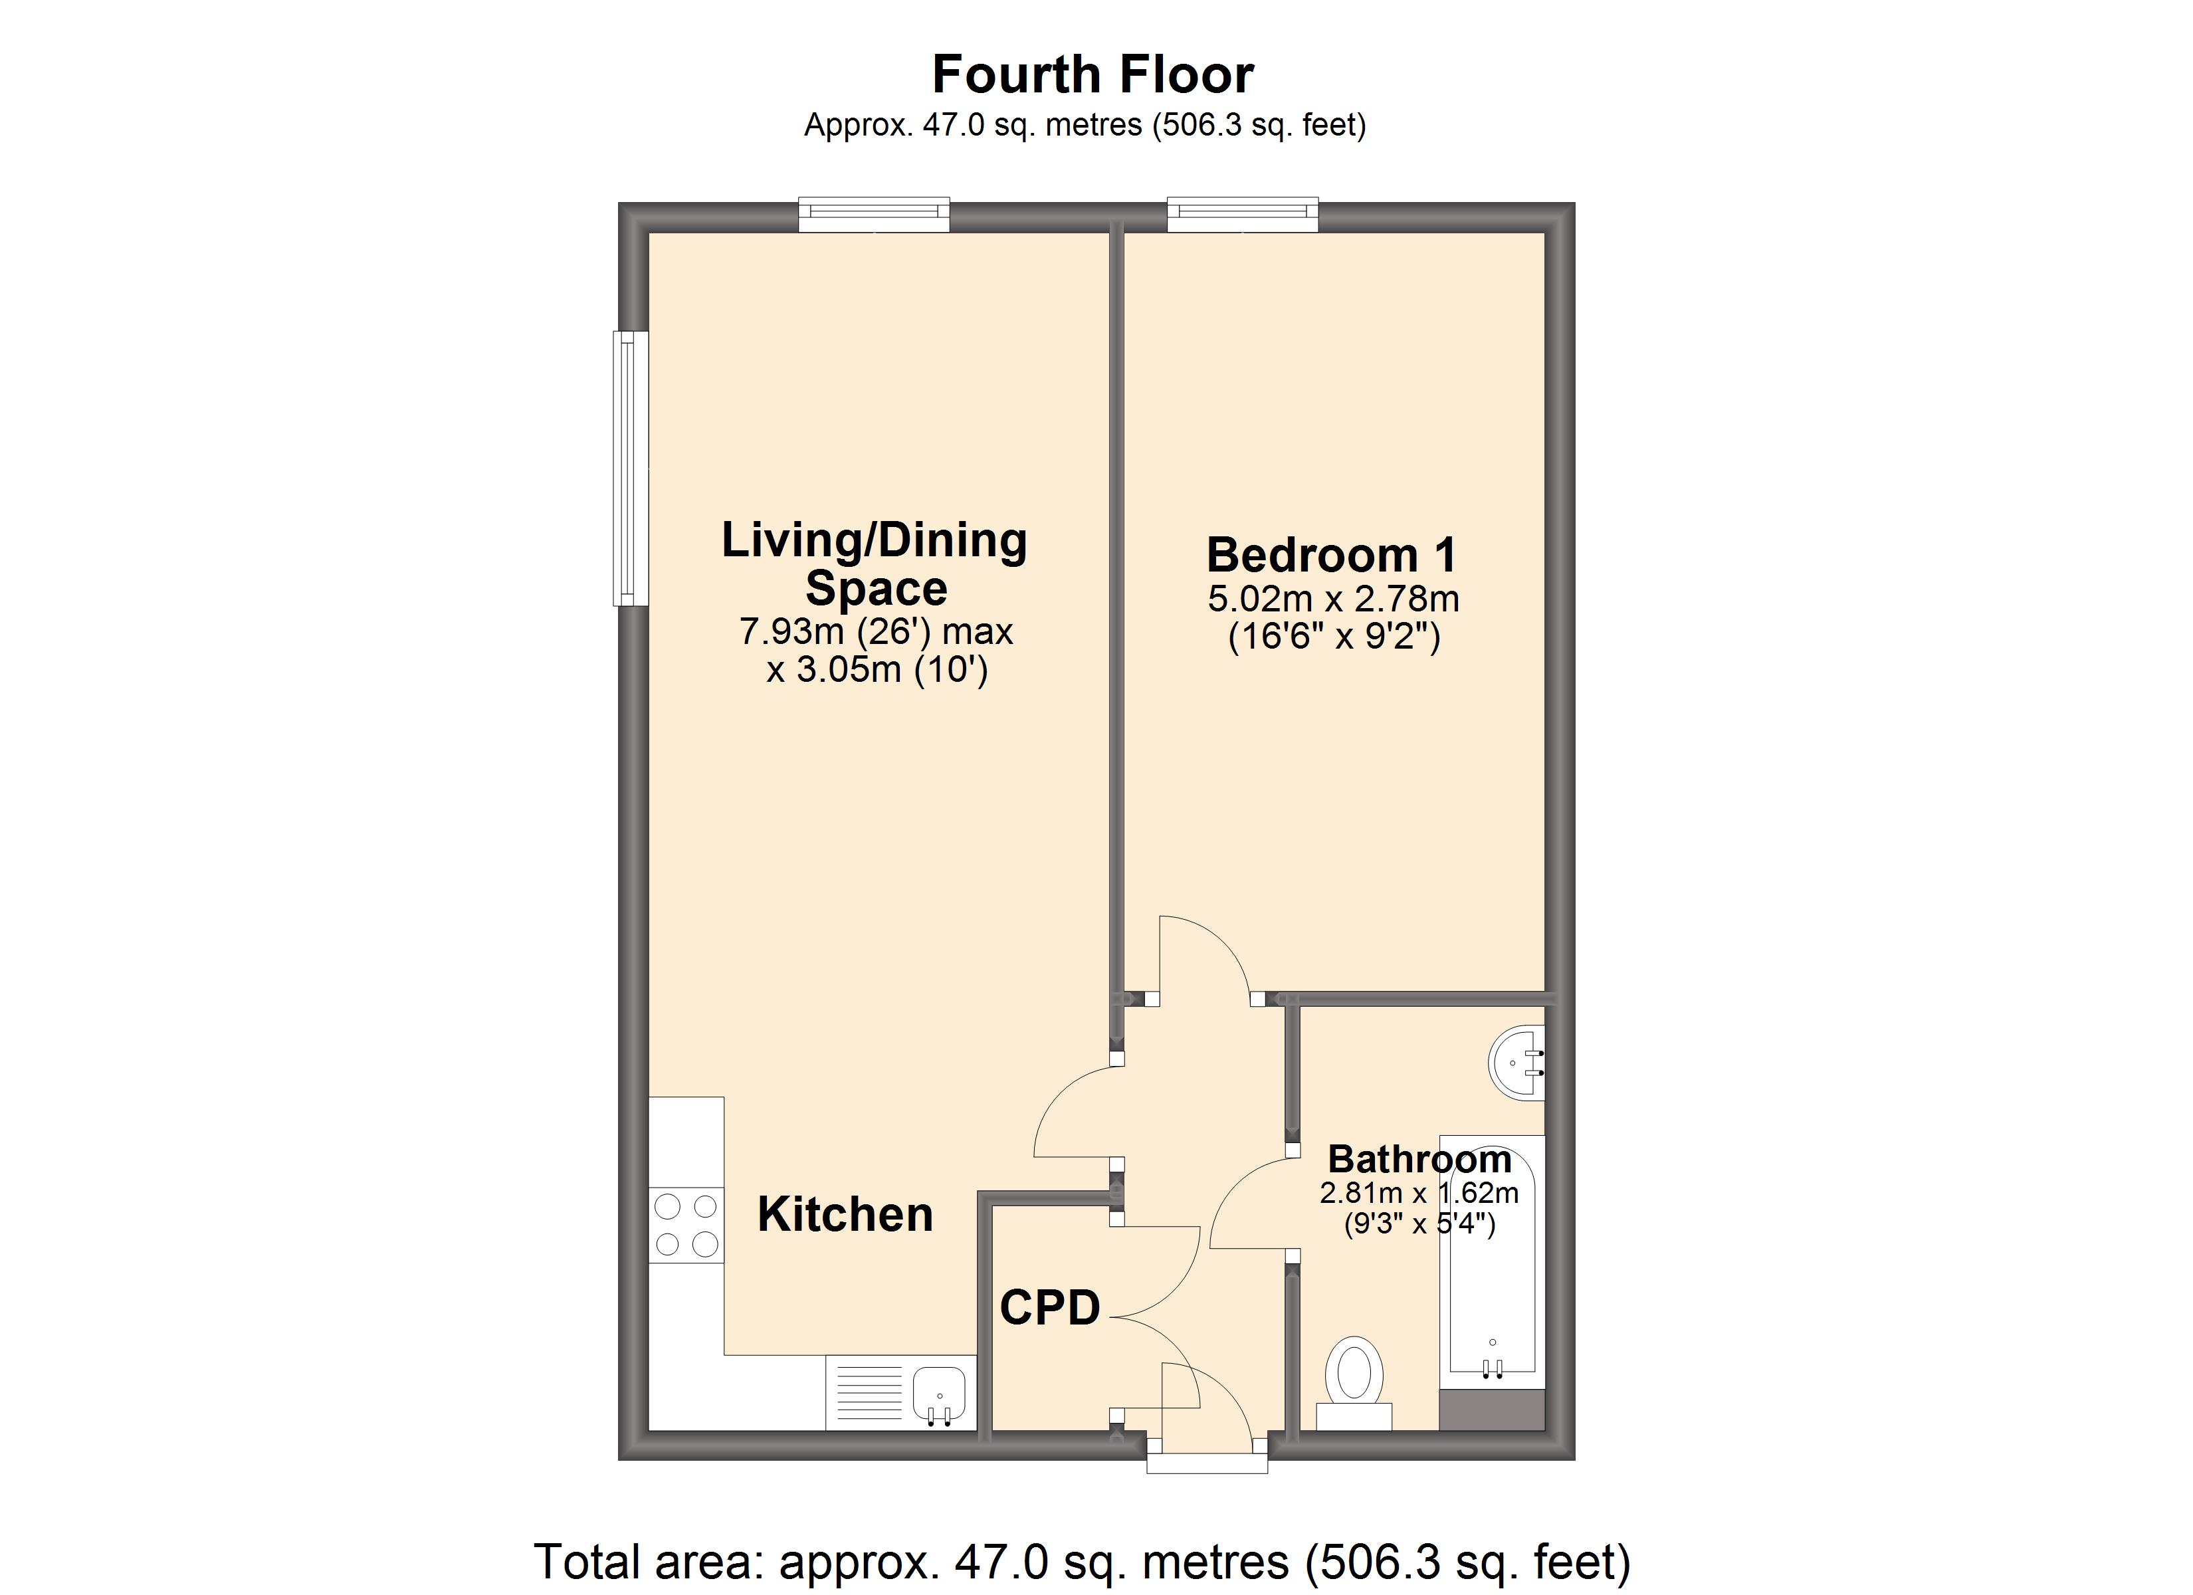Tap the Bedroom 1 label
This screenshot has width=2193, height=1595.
point(1332,555)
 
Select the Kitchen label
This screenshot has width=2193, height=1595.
point(845,1215)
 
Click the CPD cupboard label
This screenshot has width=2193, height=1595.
point(1050,1308)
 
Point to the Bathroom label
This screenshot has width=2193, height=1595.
point(1419,1159)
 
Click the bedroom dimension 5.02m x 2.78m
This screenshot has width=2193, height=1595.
point(1333,599)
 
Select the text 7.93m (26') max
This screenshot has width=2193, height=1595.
point(876,631)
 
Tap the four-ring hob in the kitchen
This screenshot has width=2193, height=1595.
point(686,1225)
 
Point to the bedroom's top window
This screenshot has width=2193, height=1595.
point(1243,215)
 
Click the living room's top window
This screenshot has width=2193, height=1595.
point(874,215)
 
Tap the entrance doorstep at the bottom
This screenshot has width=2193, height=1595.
point(1207,1465)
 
